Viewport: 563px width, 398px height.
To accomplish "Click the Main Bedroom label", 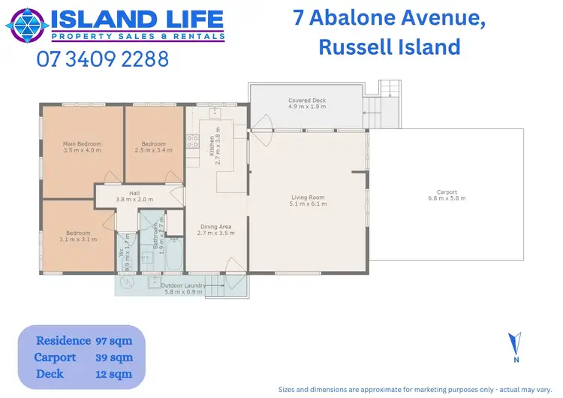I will [x=82, y=146].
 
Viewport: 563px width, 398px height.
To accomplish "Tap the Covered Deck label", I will [x=306, y=104].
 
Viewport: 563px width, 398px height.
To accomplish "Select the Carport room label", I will [x=447, y=194].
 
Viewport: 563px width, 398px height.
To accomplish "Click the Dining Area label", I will [x=215, y=230].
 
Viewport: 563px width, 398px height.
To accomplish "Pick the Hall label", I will [x=134, y=196].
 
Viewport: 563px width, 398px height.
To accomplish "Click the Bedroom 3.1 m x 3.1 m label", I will [x=78, y=236].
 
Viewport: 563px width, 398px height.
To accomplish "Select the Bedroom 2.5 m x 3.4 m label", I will [x=153, y=146].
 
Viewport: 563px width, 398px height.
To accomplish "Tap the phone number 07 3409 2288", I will [x=103, y=59].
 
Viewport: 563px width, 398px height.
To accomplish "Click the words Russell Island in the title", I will [x=389, y=47].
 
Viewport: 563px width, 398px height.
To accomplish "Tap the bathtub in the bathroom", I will [x=173, y=254].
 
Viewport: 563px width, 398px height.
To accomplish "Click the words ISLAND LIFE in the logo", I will [x=137, y=18].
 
